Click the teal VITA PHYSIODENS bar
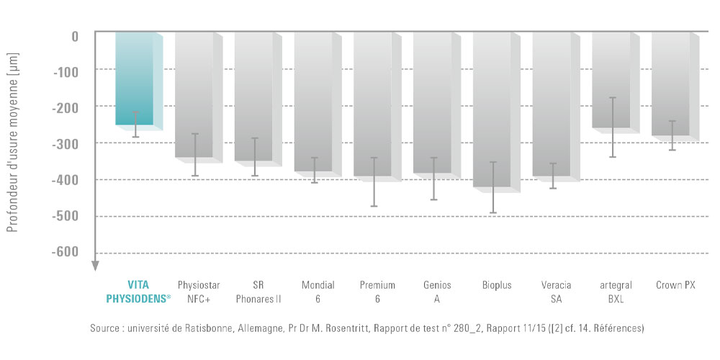tap(134, 79)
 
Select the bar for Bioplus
tap(492, 108)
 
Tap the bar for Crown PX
tap(670, 83)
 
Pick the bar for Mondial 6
tap(313, 101)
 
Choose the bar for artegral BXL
tap(611, 79)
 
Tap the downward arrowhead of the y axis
tap(94, 266)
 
